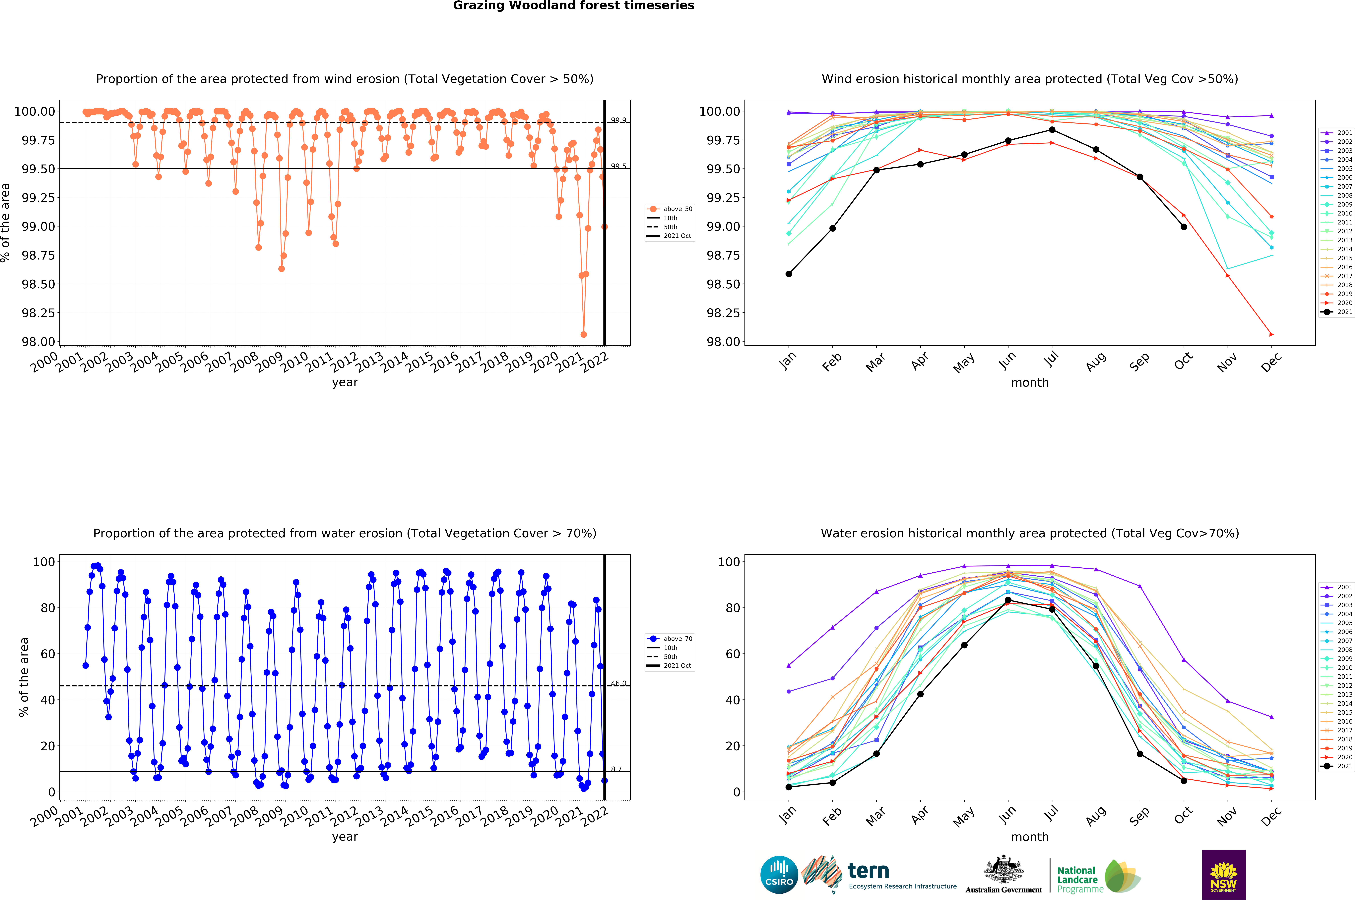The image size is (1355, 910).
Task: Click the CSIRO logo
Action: tap(779, 875)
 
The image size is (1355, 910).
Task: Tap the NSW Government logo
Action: tap(1223, 875)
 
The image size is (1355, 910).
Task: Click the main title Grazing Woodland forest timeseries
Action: tap(573, 6)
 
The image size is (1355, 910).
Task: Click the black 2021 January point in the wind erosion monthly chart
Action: tap(788, 274)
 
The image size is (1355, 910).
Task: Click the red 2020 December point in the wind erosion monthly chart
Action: tap(1271, 334)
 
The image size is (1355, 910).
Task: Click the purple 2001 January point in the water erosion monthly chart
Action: tap(788, 666)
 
